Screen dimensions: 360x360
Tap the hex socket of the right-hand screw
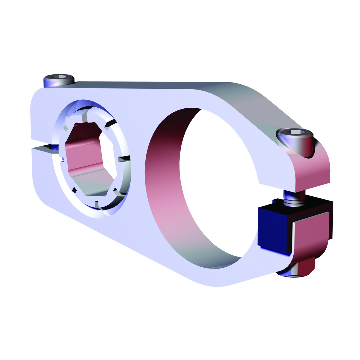click(x=295, y=132)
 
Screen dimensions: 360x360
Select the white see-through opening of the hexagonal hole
click(x=108, y=157)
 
